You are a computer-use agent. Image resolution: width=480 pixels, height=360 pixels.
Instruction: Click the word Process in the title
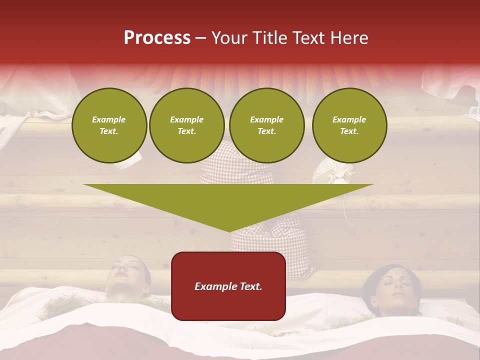pyautogui.click(x=157, y=38)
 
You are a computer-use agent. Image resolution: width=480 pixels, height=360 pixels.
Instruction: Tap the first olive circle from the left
pyautogui.click(x=109, y=125)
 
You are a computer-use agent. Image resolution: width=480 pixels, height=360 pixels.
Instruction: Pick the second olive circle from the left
pyautogui.click(x=186, y=125)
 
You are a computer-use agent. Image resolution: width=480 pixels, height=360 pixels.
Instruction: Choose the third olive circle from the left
pyautogui.click(x=266, y=125)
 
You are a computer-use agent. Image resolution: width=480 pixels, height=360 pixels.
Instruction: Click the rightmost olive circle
pyautogui.click(x=349, y=125)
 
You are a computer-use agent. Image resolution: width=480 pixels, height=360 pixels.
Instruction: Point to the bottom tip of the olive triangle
pyautogui.click(x=229, y=230)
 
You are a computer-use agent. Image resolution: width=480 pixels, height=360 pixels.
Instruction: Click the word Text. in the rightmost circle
pyautogui.click(x=349, y=131)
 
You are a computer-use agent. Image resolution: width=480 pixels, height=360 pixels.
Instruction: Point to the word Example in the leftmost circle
pyautogui.click(x=109, y=119)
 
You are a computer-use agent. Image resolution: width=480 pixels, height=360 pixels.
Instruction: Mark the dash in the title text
pyautogui.click(x=201, y=38)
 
